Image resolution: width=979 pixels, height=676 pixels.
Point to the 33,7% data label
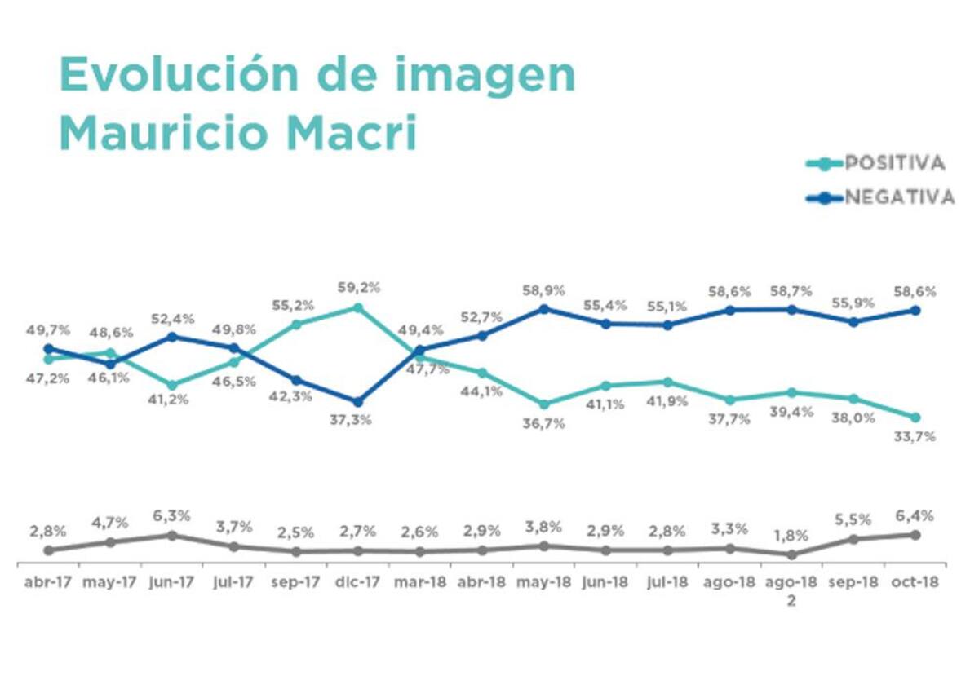click(915, 436)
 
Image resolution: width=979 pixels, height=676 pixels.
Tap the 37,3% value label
click(357, 420)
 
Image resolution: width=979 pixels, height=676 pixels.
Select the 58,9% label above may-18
click(543, 290)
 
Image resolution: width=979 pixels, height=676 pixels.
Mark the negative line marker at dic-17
click(357, 401)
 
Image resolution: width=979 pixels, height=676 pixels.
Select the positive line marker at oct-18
click(915, 417)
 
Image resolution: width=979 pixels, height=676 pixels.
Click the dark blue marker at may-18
click(543, 309)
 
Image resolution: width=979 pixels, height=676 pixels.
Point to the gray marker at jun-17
click(172, 535)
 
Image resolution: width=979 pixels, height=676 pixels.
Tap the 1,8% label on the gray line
click(791, 536)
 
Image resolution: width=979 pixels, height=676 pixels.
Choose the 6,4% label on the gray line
click(915, 515)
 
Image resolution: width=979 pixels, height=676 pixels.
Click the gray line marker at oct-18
click(915, 535)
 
